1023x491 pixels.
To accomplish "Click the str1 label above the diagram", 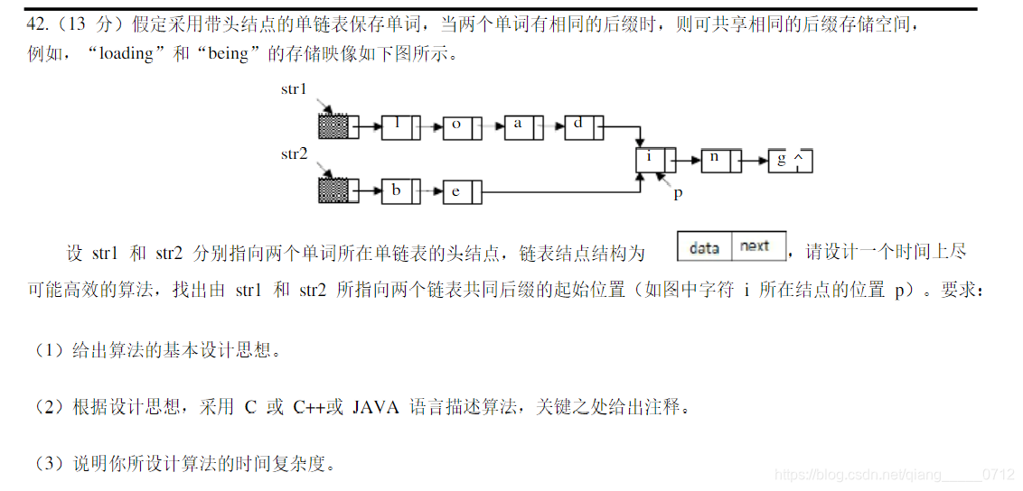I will pos(294,89).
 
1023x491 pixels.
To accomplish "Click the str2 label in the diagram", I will pos(294,154).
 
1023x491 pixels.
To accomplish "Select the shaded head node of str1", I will pos(333,126).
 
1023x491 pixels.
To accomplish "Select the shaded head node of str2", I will pos(333,190).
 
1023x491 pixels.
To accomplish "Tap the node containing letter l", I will pos(399,126).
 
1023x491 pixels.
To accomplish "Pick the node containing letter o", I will pos(459,126).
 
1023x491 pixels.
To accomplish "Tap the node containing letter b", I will pos(399,190).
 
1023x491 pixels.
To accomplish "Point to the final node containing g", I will pos(789,161).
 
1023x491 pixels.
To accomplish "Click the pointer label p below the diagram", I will pos(678,193).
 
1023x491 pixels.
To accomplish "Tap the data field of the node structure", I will pos(704,246).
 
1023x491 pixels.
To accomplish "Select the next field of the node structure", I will pos(756,246).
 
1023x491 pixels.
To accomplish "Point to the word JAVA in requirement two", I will pos(375,407).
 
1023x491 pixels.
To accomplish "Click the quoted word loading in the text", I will pos(127,54).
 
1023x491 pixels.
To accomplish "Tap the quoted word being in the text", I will pos(228,54).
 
